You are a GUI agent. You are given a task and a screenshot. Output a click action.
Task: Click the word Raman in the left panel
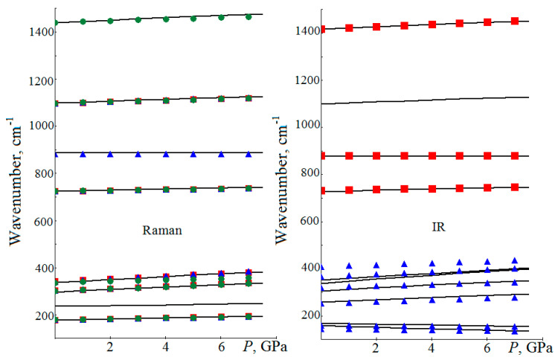(x=164, y=231)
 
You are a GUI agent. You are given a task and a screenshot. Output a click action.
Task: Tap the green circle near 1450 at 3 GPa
(x=138, y=19)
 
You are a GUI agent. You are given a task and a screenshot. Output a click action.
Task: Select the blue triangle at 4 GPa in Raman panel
(x=166, y=155)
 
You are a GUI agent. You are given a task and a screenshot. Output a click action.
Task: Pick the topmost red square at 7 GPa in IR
(x=515, y=21)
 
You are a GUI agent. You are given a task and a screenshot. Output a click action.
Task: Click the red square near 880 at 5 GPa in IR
(x=460, y=155)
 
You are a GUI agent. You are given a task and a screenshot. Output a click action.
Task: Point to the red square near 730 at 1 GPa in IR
(x=349, y=190)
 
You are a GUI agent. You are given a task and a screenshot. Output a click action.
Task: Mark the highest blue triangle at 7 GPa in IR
(x=515, y=261)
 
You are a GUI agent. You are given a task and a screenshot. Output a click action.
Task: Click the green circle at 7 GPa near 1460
(x=248, y=16)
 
